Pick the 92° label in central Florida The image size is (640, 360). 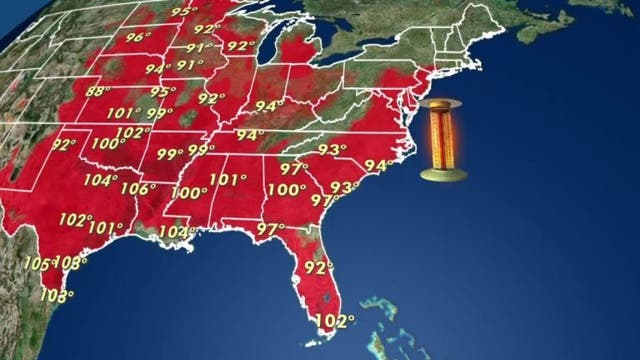[319, 267]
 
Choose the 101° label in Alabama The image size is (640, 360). [229, 181]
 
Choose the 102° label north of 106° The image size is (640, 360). [130, 132]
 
